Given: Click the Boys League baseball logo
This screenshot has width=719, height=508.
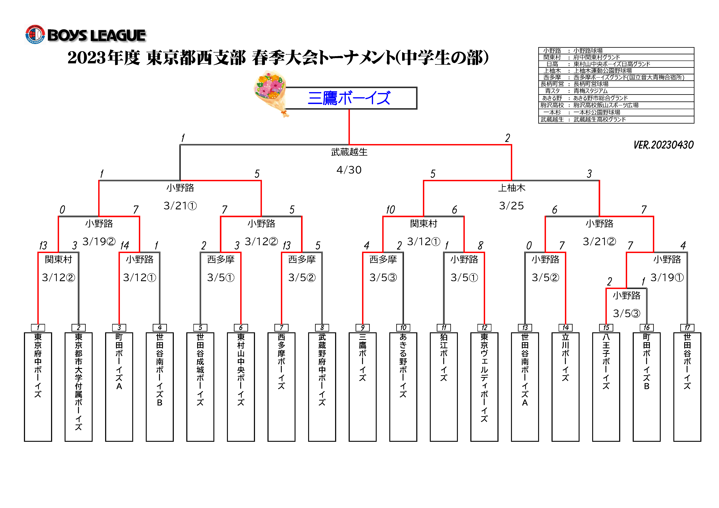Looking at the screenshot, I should (x=35, y=34).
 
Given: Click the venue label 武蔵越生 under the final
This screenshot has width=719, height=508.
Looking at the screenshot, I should (x=349, y=152).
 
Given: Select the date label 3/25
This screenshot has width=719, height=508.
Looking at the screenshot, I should (x=511, y=206).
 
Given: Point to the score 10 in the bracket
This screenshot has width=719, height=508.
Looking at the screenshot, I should (x=390, y=210).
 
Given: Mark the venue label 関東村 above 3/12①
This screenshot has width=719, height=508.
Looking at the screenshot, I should (x=423, y=224).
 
